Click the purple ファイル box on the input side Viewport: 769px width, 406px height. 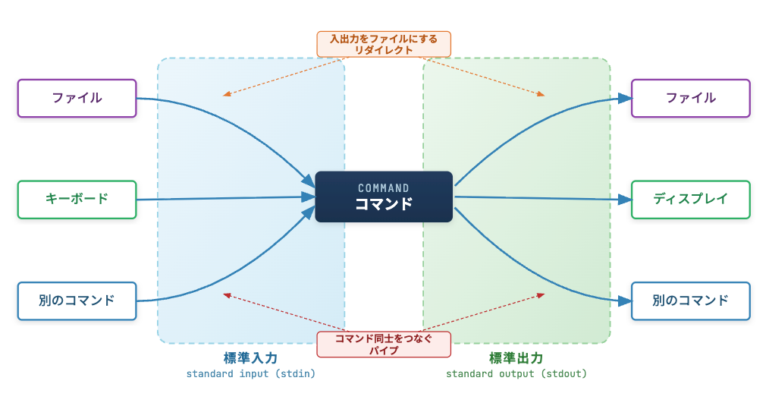(x=77, y=98)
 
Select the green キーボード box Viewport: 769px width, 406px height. (x=77, y=199)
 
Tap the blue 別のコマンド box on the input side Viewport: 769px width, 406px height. (x=77, y=300)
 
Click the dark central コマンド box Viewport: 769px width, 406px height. (x=384, y=197)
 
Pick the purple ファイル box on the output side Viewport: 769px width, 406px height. (x=690, y=98)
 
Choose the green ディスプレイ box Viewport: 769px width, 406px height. (x=690, y=199)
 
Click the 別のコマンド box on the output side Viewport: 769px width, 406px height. (x=690, y=300)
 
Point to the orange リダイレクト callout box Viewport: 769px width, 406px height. (x=384, y=44)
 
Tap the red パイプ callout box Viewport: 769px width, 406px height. (x=384, y=345)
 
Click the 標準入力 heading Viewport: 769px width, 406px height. (x=251, y=358)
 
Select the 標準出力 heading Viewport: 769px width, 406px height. (x=516, y=358)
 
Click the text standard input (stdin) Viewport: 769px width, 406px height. (x=251, y=374)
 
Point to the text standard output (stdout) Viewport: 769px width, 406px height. (x=516, y=374)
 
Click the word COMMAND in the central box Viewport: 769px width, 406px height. (x=384, y=188)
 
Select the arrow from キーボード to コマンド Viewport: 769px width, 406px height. (x=228, y=198)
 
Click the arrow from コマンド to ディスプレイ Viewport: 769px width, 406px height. (x=542, y=198)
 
